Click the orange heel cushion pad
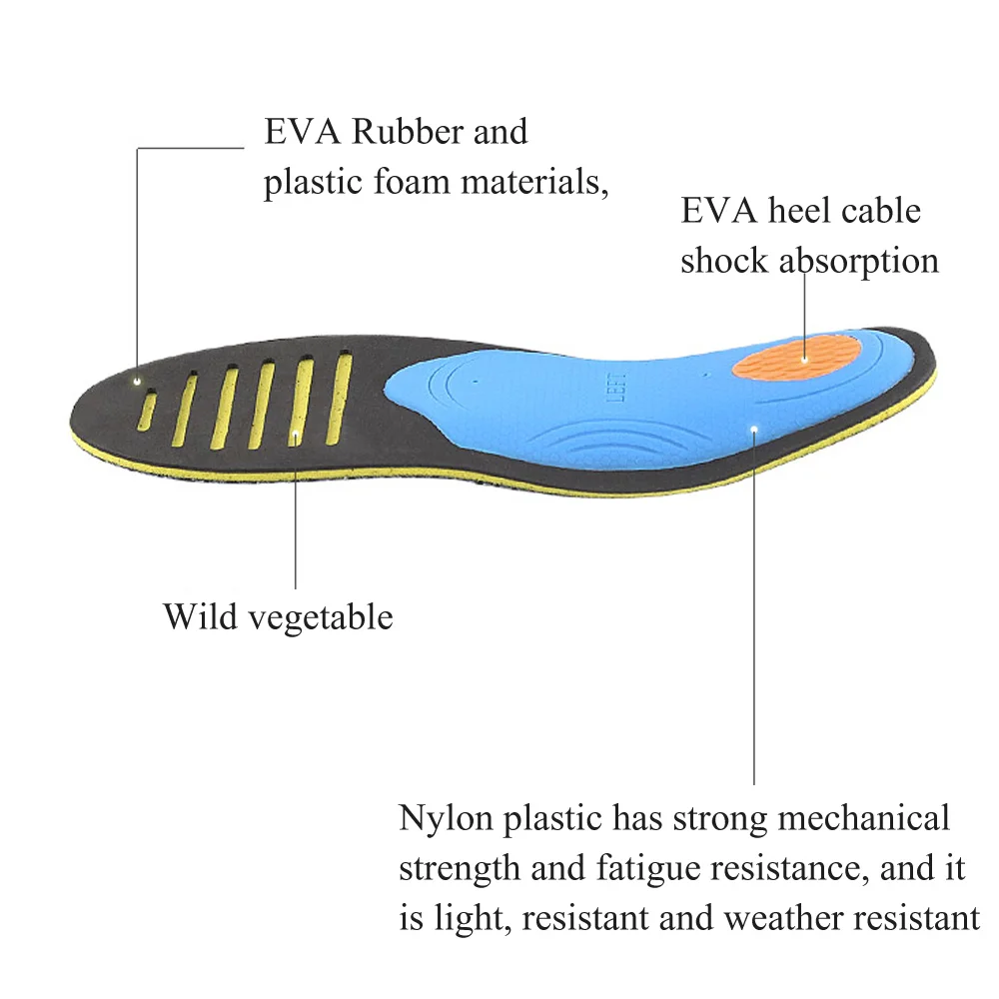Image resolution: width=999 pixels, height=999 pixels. (x=796, y=356)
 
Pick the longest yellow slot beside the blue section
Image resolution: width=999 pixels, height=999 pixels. (x=341, y=397)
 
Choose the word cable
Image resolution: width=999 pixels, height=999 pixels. (x=880, y=212)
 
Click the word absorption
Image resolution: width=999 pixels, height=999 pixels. (x=858, y=262)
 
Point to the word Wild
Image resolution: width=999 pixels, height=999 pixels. (x=200, y=616)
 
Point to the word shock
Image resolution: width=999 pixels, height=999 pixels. (x=724, y=262)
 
